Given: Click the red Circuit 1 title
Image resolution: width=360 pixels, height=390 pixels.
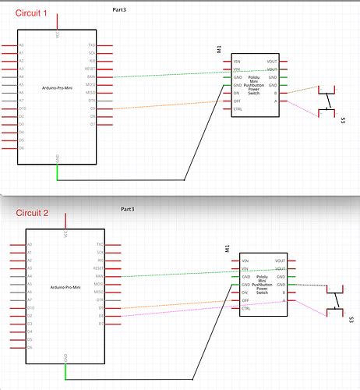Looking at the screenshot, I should (x=22, y=13).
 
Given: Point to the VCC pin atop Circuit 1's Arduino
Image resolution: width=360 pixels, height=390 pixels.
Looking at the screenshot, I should (x=58, y=34).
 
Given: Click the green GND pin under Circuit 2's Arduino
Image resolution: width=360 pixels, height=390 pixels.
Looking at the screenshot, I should (x=65, y=370).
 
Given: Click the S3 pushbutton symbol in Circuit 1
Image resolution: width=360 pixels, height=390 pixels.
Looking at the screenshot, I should (x=327, y=102).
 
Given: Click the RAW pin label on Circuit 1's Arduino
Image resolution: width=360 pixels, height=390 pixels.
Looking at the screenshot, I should (x=91, y=77).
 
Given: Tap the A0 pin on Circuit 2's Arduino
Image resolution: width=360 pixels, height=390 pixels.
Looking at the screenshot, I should (x=30, y=244).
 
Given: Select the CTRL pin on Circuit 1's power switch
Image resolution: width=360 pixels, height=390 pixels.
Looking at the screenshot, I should (x=237, y=110).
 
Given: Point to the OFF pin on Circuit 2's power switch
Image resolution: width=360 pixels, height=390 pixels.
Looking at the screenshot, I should (x=245, y=301).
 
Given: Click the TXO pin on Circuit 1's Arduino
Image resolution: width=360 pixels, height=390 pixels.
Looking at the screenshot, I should (x=91, y=46).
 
